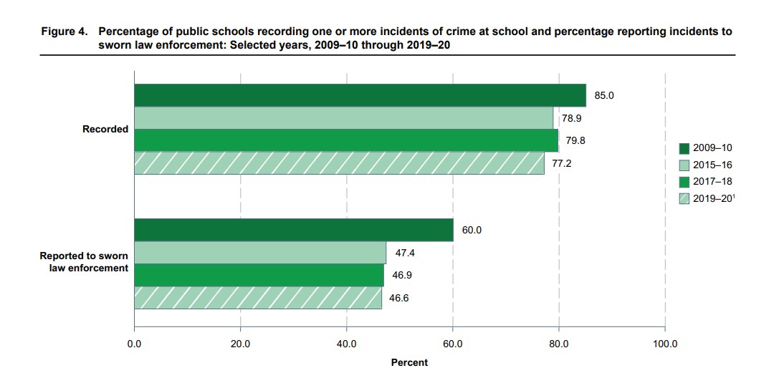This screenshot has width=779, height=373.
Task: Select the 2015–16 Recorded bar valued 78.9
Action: pos(343,118)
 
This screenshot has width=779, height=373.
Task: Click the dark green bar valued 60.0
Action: pos(293,231)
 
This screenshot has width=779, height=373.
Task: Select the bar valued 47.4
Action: pos(259,253)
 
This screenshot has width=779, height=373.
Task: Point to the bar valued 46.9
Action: pos(259,275)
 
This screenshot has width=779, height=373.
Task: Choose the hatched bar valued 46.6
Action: pos(257,298)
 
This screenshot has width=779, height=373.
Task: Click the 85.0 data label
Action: pos(604,95)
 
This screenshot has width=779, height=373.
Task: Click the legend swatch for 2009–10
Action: pos(684,149)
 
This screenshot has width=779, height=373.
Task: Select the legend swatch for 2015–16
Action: pos(684,165)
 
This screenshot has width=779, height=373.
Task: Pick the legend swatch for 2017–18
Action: pos(684,182)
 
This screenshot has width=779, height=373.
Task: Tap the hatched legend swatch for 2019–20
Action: pos(684,198)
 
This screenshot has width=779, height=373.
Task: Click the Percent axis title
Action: pos(409,362)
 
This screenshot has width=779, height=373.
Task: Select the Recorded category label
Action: pos(105,130)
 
